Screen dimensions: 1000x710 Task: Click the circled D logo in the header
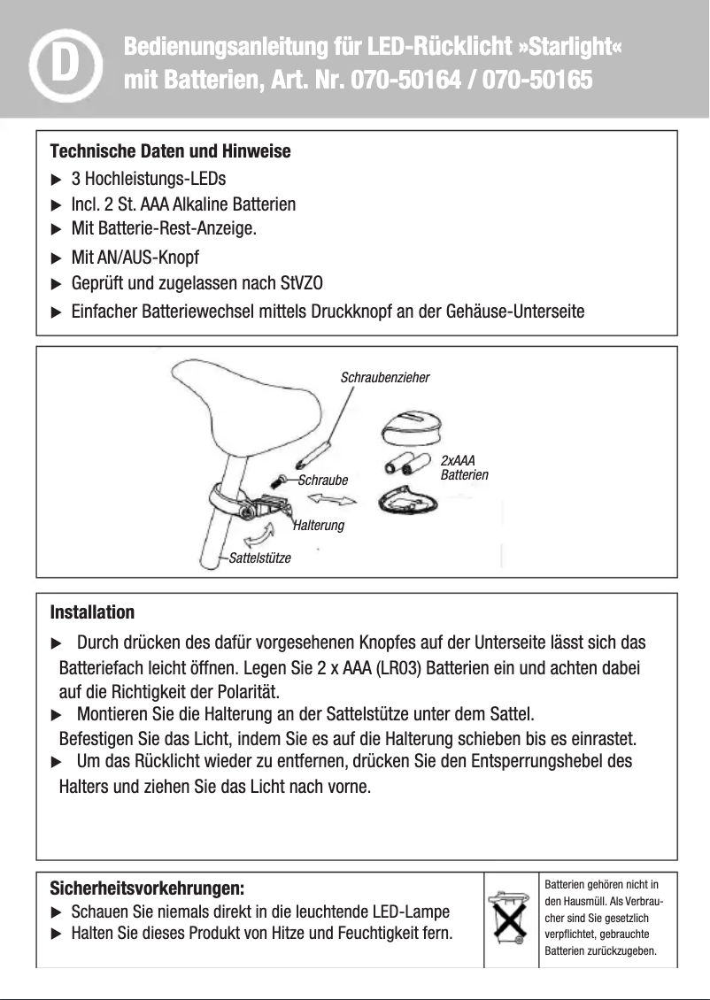click(x=61, y=65)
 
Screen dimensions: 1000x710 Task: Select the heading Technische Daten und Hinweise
click(x=170, y=151)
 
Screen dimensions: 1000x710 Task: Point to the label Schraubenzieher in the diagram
click(x=385, y=378)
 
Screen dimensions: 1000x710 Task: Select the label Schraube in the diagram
click(x=323, y=481)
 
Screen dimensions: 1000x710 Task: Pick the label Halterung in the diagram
click(x=318, y=526)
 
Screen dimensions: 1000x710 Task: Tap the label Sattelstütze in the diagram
click(x=259, y=558)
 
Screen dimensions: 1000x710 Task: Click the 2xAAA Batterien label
click(x=463, y=468)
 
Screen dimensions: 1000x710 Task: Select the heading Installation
click(x=92, y=612)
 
